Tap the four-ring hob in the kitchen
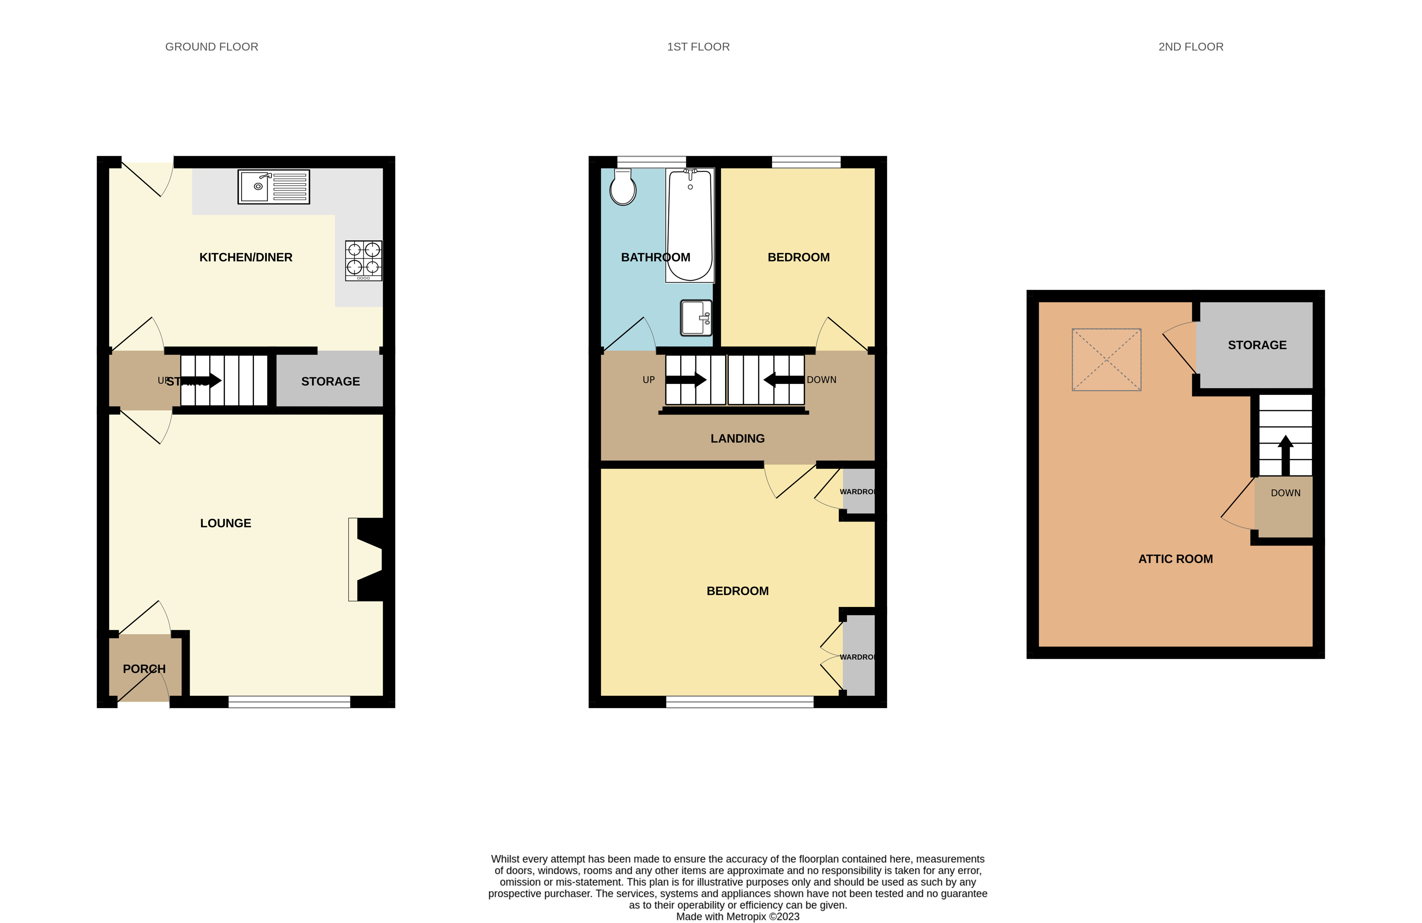(363, 261)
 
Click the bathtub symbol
(690, 225)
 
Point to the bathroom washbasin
(696, 318)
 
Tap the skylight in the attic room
(1106, 360)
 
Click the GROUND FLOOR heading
(211, 46)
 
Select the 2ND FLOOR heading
(1191, 46)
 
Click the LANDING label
(737, 439)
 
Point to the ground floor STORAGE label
(330, 382)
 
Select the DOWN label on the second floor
(1285, 493)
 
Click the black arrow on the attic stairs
(1285, 455)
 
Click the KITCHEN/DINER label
(246, 257)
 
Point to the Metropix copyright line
(737, 916)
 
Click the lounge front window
(289, 703)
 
